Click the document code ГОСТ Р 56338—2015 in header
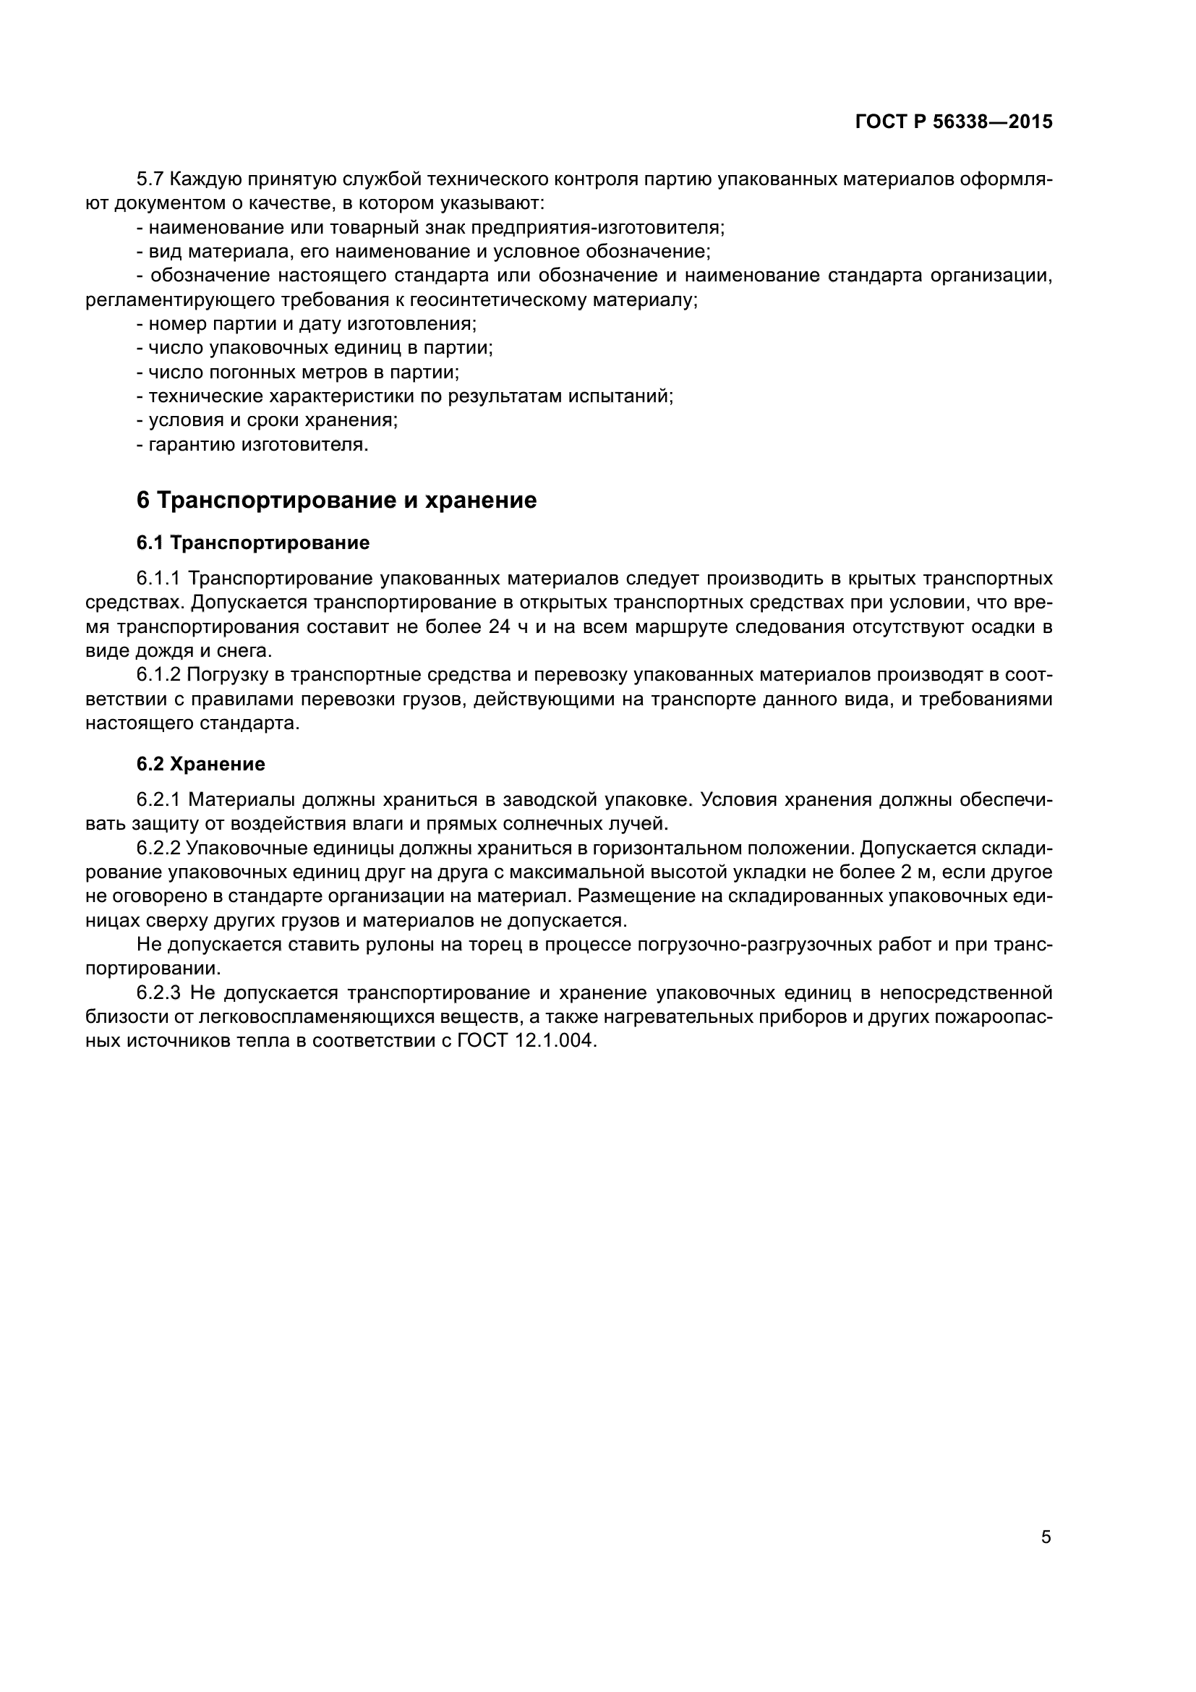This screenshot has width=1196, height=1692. point(954,122)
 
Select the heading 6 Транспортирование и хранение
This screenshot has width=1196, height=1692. point(336,501)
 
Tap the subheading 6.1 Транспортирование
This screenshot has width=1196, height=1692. point(252,543)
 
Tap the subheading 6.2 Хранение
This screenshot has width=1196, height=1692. point(200,764)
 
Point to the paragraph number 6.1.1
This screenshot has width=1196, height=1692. point(159,578)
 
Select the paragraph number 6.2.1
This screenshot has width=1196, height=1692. point(159,799)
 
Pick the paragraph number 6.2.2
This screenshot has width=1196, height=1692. point(159,849)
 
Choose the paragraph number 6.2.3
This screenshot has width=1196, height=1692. point(159,993)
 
